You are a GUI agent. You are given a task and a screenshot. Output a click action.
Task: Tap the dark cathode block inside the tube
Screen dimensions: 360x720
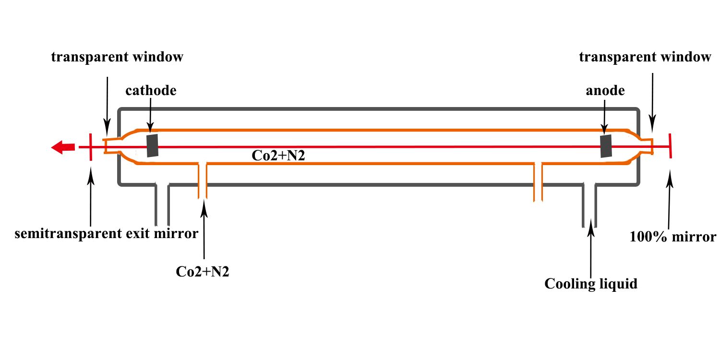click(153, 145)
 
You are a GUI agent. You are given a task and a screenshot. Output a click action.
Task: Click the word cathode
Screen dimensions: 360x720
click(151, 91)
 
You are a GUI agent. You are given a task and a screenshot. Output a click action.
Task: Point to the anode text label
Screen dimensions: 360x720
click(605, 90)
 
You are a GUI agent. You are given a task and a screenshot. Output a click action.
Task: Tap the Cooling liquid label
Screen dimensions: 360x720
click(591, 284)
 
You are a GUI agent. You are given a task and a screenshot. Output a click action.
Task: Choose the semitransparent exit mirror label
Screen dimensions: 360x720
click(106, 234)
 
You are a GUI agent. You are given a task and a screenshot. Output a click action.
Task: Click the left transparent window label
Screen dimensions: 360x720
click(117, 57)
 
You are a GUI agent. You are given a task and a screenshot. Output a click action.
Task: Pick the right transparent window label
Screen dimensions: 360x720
click(645, 57)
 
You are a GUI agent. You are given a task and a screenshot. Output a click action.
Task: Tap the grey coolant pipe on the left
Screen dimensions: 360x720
click(162, 204)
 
